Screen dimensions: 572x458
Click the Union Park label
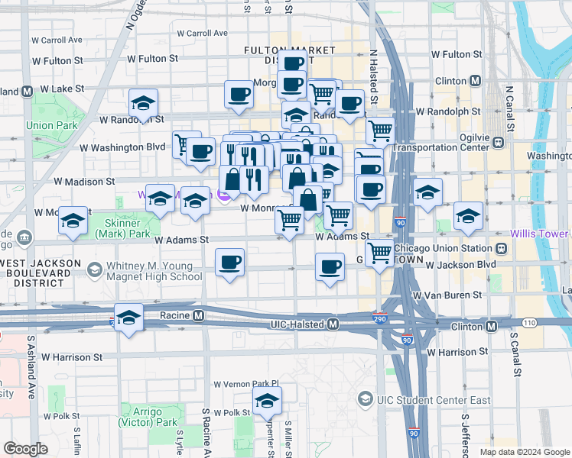(52, 125)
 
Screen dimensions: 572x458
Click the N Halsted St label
(374, 76)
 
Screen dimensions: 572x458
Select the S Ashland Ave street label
(32, 378)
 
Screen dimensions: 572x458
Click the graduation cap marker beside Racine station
(129, 317)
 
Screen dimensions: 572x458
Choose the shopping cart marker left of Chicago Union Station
(379, 252)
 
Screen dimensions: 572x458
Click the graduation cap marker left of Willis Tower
(468, 215)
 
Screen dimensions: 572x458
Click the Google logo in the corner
(25, 448)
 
